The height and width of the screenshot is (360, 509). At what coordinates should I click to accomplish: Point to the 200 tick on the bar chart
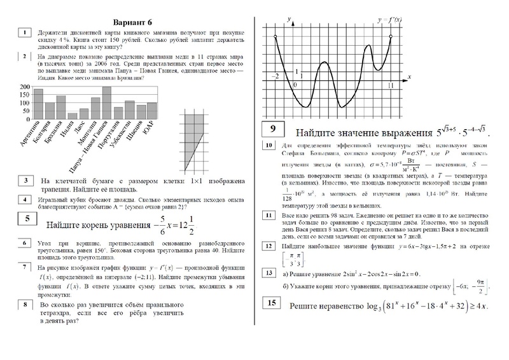click(x=25, y=87)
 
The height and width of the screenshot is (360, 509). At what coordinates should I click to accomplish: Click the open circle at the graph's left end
click(x=275, y=38)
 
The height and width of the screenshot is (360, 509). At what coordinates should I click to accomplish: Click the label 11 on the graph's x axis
click(x=391, y=85)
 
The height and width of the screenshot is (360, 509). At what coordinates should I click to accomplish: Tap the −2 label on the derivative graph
click(x=275, y=76)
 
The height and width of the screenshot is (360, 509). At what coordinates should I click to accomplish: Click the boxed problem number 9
click(x=272, y=130)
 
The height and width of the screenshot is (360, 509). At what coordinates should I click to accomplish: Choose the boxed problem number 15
click(x=272, y=304)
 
